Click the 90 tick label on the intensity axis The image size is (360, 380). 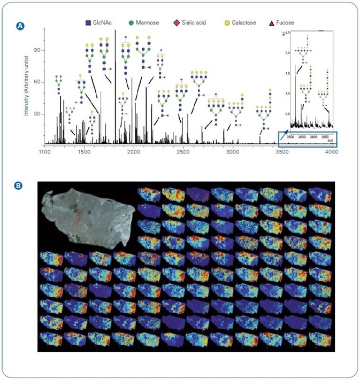point(38,51)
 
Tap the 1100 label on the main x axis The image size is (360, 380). point(44,152)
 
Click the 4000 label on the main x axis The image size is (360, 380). point(332,152)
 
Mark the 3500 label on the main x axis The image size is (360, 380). point(282,152)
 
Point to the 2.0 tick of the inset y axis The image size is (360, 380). point(287,53)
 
